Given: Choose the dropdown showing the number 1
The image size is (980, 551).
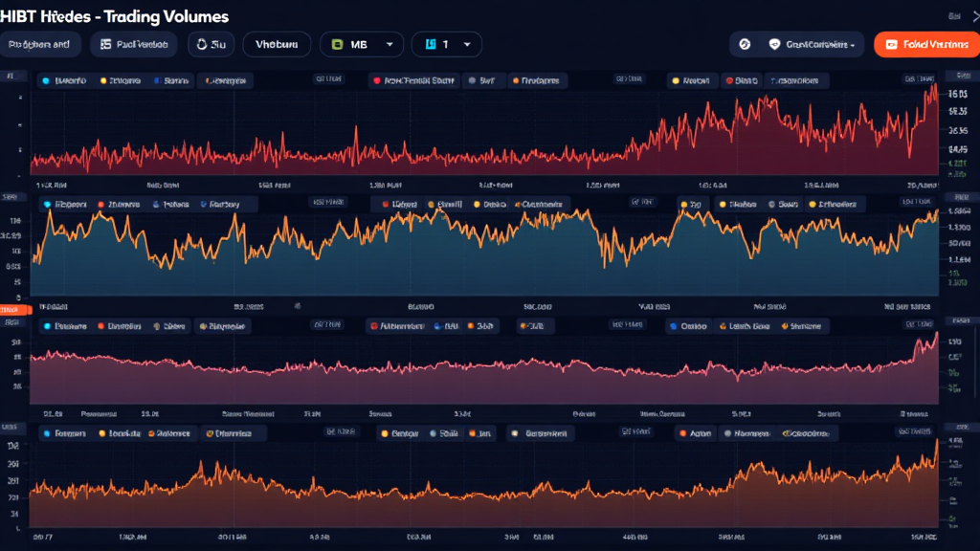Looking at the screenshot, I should click(446, 44).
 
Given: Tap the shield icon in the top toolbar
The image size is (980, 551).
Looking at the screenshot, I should click(774, 44).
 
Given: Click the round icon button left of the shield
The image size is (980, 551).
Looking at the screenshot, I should click(745, 44).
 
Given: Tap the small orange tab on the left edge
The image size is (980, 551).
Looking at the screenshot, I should click(13, 309).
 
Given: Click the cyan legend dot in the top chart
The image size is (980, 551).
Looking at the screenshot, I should click(45, 81).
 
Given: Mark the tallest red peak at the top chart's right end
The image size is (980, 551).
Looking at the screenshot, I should click(933, 86).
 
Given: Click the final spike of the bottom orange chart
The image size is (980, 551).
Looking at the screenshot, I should click(936, 441).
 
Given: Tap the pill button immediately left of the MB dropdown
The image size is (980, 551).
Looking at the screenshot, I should click(277, 44).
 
